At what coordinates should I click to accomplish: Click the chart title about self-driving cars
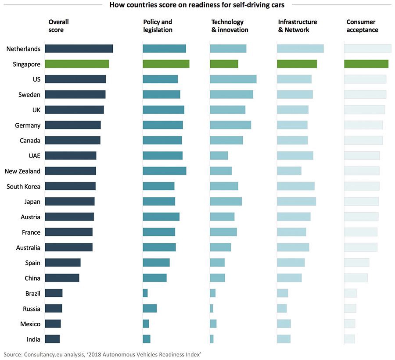click(x=197, y=5)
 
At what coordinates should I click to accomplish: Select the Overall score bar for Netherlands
click(x=79, y=49)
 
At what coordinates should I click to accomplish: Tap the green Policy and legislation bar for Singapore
click(x=166, y=64)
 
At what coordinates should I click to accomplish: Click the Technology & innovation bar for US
click(x=233, y=79)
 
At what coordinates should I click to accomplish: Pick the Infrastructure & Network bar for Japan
click(x=296, y=202)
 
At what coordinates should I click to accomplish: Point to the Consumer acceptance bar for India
click(x=349, y=339)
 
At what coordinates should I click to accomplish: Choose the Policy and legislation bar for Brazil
click(x=145, y=293)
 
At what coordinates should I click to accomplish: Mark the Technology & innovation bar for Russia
click(x=212, y=309)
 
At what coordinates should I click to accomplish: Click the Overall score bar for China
click(x=62, y=278)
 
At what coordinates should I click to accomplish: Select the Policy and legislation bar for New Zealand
click(x=165, y=171)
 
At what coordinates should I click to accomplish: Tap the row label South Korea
click(x=23, y=187)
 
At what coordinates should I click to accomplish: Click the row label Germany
click(x=28, y=125)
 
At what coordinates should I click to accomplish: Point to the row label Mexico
click(x=30, y=324)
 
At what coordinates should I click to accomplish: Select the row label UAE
click(x=34, y=156)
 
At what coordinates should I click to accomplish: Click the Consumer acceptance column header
click(x=362, y=26)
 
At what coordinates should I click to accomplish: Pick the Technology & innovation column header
click(x=230, y=26)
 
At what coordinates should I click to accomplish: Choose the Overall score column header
click(x=58, y=26)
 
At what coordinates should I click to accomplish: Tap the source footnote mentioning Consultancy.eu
click(x=102, y=354)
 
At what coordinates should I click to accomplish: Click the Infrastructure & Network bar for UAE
click(x=295, y=156)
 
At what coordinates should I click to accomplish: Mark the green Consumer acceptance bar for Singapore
click(x=366, y=64)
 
